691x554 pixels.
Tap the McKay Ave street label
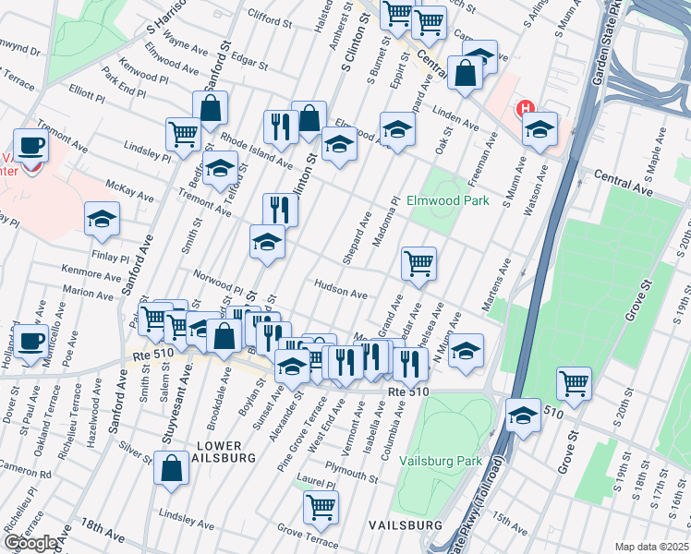pyautogui.click(x=129, y=190)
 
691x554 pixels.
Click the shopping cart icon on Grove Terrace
pyautogui.click(x=321, y=505)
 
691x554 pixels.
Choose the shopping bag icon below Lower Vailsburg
pyautogui.click(x=172, y=467)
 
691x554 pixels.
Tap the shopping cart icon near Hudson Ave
pyautogui.click(x=418, y=263)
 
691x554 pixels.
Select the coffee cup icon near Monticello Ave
pyautogui.click(x=31, y=340)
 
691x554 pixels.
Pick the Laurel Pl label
pyautogui.click(x=315, y=480)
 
